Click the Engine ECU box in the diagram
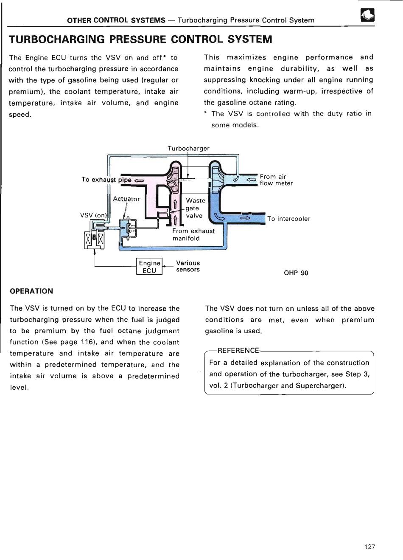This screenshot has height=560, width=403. pyautogui.click(x=149, y=267)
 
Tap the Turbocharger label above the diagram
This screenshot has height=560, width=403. pyautogui.click(x=188, y=148)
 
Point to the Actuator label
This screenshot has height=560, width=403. pyautogui.click(x=126, y=199)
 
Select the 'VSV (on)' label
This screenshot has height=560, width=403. pyautogui.click(x=94, y=215)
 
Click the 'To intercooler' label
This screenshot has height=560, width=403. pyautogui.click(x=288, y=219)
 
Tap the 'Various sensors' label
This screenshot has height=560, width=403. pyautogui.click(x=188, y=266)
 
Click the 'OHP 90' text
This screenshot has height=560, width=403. pyautogui.click(x=296, y=273)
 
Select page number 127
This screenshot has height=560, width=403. pyautogui.click(x=370, y=546)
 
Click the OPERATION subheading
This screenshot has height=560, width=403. pyautogui.click(x=31, y=291)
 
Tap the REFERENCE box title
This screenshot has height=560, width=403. pyautogui.click(x=238, y=350)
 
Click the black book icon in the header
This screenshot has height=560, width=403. pyautogui.click(x=367, y=16)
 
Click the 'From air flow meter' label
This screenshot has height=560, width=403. pyautogui.click(x=276, y=180)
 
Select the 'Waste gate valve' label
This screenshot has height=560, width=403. pyautogui.click(x=195, y=208)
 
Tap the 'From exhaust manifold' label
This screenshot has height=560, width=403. pyautogui.click(x=193, y=234)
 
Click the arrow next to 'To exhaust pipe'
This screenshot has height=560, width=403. pyautogui.click(x=140, y=180)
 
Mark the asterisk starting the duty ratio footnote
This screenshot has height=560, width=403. pyautogui.click(x=206, y=113)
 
